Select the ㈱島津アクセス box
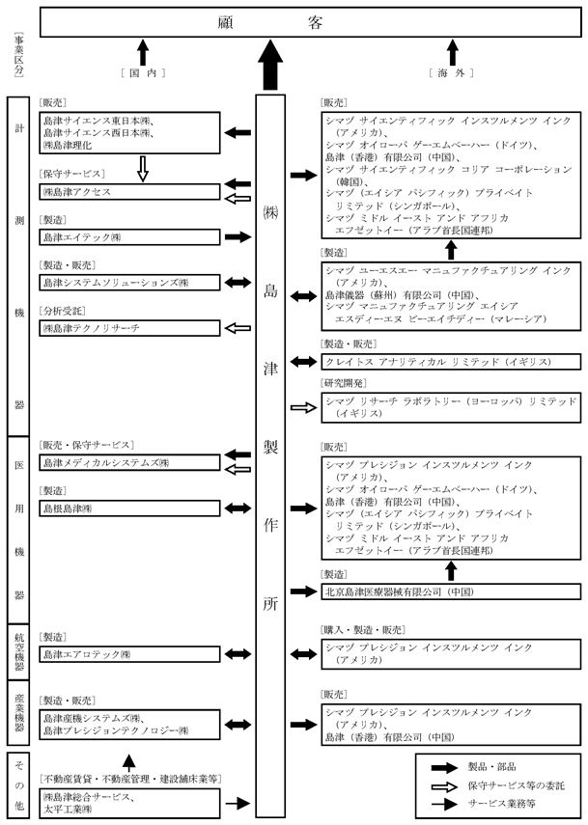[129, 192]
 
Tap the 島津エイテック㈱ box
[129, 236]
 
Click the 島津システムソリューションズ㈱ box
[129, 283]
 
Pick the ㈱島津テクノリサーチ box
[129, 329]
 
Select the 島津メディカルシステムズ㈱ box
[129, 462]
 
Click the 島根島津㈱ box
[129, 508]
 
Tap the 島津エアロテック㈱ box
[129, 654]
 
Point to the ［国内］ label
[142, 74]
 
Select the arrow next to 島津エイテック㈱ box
[237, 236]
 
